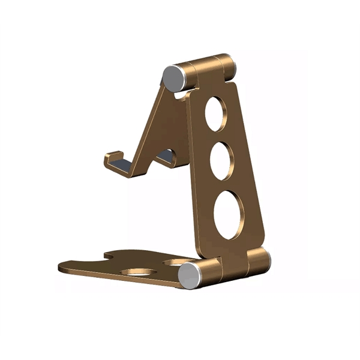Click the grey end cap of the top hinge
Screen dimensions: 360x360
pyautogui.click(x=173, y=77)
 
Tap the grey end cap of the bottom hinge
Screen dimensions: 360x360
pyautogui.click(x=191, y=274)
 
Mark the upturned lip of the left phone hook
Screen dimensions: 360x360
pyautogui.click(x=106, y=160)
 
